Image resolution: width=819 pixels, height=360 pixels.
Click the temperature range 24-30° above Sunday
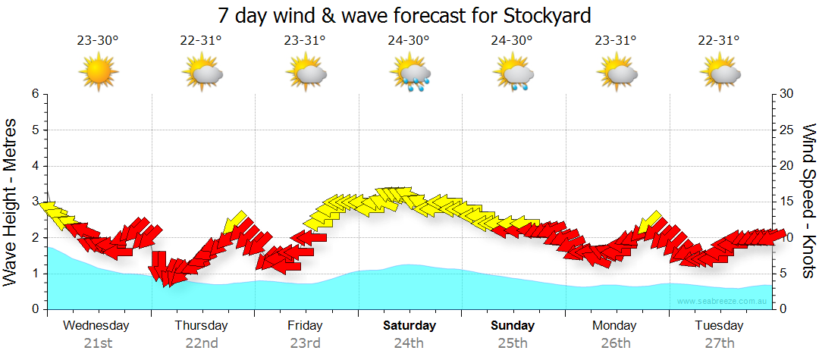[x=513, y=41]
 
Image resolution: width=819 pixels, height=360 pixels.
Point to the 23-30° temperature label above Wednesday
[x=98, y=41]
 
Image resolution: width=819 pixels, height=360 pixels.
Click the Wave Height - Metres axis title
[x=11, y=202]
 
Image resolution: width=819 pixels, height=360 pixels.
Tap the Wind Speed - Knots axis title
[x=808, y=202]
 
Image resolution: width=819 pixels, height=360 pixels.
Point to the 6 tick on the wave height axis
[x=34, y=94]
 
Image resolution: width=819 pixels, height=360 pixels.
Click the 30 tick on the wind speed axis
[x=787, y=94]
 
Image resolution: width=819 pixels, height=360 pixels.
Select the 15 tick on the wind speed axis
[x=787, y=202]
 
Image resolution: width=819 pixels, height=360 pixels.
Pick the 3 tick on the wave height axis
[x=34, y=202]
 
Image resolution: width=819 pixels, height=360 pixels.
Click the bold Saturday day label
[x=409, y=326]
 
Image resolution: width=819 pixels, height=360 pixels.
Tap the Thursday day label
[x=201, y=326]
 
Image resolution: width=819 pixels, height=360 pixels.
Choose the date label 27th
[x=720, y=343]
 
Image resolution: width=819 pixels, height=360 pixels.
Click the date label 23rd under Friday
[x=305, y=343]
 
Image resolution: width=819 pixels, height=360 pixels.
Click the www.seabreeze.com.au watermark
[x=723, y=302]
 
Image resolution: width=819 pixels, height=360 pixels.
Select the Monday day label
[x=615, y=326]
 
